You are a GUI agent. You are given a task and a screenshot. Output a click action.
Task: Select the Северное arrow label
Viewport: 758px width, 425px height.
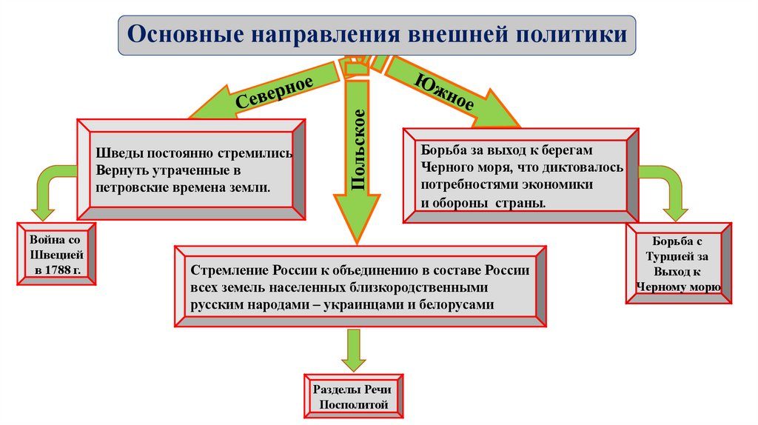click(274, 92)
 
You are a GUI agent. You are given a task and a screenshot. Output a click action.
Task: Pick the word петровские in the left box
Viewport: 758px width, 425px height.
click(129, 187)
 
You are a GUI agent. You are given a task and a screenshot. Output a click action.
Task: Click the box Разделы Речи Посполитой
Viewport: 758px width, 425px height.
click(354, 398)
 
